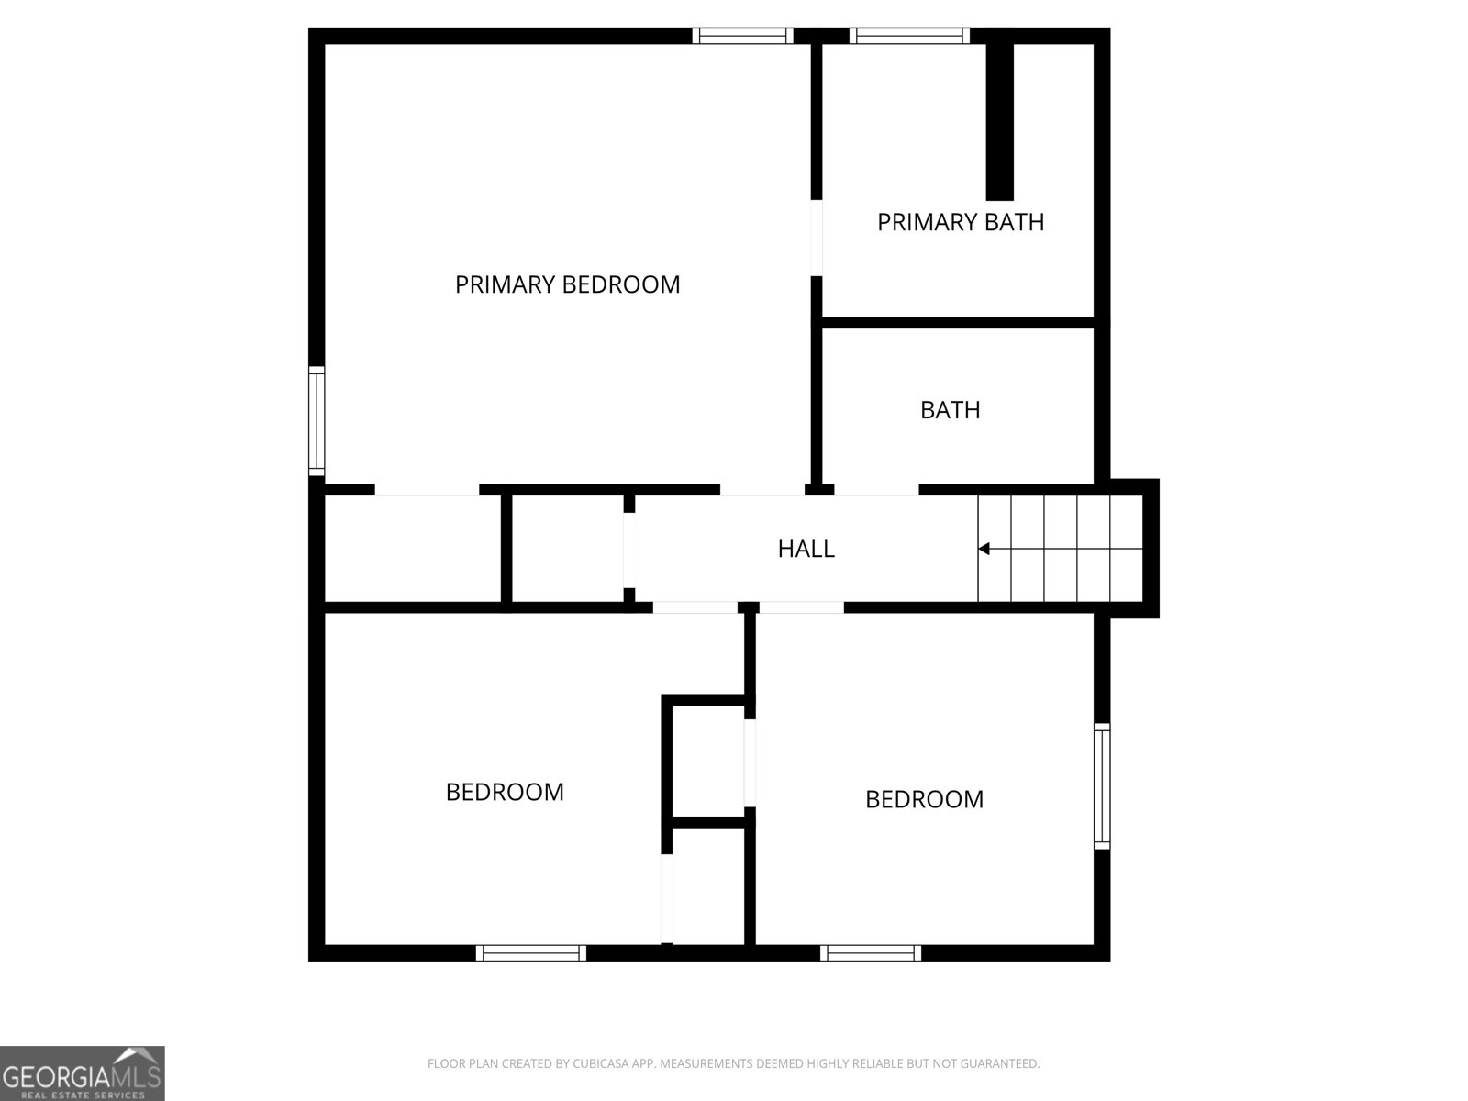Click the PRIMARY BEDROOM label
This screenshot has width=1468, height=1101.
point(567,284)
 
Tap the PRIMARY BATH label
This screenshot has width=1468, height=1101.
point(961,222)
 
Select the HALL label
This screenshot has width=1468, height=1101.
point(806,549)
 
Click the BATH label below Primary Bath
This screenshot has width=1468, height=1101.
point(950,409)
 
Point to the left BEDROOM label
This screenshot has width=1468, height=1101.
point(505,792)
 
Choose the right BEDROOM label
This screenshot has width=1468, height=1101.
point(924,799)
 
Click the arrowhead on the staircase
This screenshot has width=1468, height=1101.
point(984,549)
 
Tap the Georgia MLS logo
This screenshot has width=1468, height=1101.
point(82,1073)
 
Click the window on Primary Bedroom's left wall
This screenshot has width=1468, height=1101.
point(317,420)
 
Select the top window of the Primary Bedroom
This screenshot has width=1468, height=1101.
point(742,36)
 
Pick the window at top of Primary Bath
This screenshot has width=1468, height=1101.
point(909,36)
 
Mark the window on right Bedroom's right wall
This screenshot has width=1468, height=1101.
point(1102,785)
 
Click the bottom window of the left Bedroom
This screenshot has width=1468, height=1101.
point(531,953)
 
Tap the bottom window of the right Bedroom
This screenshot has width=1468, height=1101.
point(871,953)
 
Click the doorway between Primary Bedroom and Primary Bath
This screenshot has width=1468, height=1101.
point(816,237)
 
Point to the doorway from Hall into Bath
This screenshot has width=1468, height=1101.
point(876,490)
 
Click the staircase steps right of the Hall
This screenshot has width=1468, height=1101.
point(1061,549)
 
